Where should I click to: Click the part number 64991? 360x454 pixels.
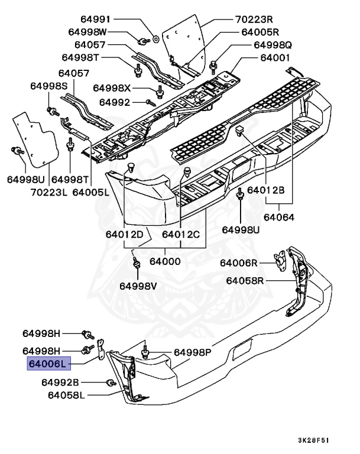click(x=107, y=20)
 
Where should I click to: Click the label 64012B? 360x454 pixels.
click(x=266, y=190)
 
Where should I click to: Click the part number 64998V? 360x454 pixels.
click(x=138, y=286)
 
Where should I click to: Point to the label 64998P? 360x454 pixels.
click(x=192, y=353)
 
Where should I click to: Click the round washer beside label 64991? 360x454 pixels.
click(x=154, y=39)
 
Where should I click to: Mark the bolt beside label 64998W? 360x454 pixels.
click(x=143, y=41)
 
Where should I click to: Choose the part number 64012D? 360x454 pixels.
click(x=125, y=234)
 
